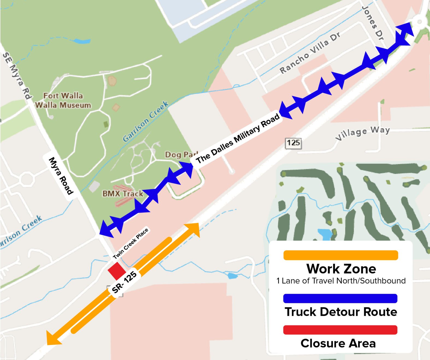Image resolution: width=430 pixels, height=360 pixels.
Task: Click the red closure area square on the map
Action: tap(117, 271)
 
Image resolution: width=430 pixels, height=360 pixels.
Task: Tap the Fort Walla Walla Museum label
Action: tap(63, 100)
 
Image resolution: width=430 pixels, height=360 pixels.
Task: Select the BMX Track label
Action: tap(123, 194)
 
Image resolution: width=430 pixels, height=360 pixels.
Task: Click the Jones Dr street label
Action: tap(373, 23)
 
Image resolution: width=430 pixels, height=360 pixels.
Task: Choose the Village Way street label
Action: tap(362, 133)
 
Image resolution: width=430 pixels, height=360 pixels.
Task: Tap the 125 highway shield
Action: tap(293, 143)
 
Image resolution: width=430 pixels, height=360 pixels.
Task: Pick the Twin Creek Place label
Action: tap(131, 244)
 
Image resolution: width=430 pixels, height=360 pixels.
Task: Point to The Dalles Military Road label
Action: tap(238, 139)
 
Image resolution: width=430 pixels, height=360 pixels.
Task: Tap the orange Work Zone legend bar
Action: tap(340, 255)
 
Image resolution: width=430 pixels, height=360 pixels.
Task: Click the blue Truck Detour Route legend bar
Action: tap(340, 298)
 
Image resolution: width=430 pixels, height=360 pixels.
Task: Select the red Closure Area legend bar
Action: tap(340, 330)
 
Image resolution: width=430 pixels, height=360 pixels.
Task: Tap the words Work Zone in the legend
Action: tap(341, 269)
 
